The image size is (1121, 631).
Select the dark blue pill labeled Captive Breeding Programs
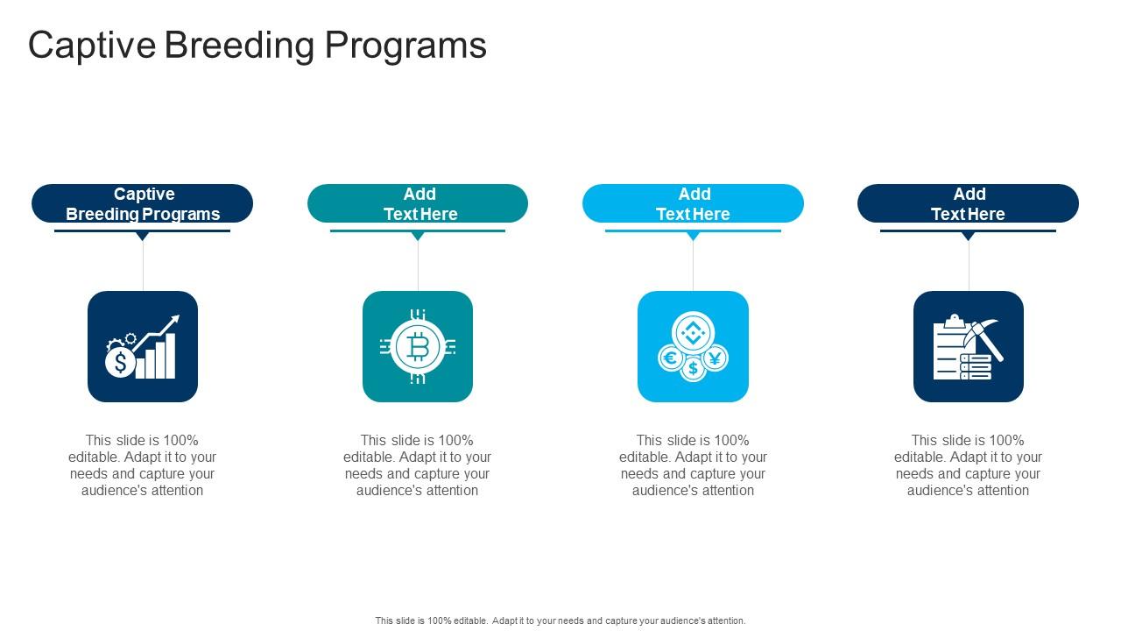[143, 203]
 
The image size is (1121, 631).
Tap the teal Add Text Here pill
[418, 203]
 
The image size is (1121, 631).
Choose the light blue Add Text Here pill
[693, 203]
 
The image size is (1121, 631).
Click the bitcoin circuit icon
[418, 347]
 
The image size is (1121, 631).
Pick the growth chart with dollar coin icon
[143, 347]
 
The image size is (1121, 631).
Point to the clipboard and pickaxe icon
[968, 347]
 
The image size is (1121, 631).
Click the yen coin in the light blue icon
[715, 357]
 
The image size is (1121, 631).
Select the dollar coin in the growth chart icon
[120, 362]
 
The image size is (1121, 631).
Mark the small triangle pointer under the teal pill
[418, 236]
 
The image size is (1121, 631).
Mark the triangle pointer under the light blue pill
[693, 236]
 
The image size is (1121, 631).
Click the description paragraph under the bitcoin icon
[418, 465]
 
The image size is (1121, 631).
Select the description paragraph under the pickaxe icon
[968, 465]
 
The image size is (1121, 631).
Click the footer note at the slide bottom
[560, 620]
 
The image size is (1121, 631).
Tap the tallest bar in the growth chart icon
[170, 356]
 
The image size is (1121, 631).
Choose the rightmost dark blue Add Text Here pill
[968, 203]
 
